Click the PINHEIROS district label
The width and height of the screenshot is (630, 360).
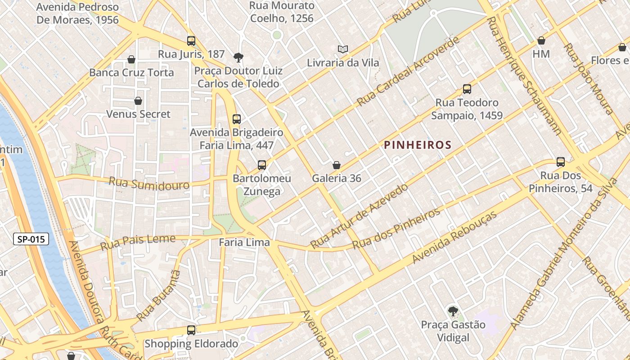[418, 145]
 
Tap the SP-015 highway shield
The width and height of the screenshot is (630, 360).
[31, 239]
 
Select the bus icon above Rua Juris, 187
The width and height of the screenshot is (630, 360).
[191, 41]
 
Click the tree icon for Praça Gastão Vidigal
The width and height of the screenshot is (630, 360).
[453, 311]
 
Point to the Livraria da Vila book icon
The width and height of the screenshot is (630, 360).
[343, 49]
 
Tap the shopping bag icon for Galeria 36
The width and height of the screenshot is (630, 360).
[336, 165]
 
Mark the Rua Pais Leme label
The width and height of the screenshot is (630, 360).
[138, 242]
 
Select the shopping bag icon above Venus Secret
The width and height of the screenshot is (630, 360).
[138, 101]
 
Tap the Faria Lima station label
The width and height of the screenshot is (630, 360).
[244, 243]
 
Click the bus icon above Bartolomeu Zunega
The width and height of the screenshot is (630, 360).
[262, 165]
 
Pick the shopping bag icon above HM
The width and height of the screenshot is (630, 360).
[541, 41]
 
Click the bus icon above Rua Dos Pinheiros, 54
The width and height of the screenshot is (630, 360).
[561, 162]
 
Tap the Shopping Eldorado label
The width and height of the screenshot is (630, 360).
[191, 344]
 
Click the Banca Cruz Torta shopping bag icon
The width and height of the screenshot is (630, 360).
[131, 59]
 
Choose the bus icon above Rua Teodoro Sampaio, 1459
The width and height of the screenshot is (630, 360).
[467, 89]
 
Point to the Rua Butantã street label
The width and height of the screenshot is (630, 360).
[158, 295]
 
